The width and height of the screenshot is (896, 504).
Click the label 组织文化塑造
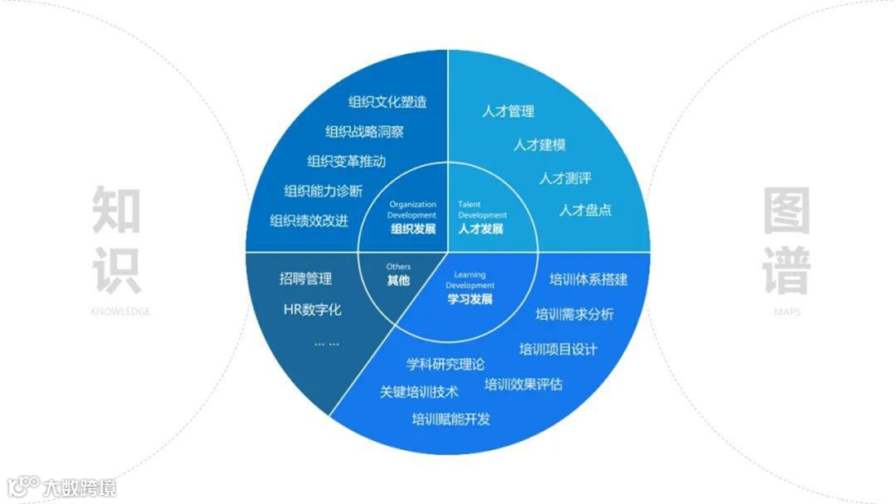pos(387,102)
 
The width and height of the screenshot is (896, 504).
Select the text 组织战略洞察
pos(365,132)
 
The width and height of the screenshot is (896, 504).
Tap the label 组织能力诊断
pos(323,191)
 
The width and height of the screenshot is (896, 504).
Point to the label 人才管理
pos(508,111)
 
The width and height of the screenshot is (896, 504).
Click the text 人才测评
pos(565,178)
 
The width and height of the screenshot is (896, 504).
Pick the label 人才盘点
pos(585,210)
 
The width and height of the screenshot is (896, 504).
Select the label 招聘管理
pos(305,279)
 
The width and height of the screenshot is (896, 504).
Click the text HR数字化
pos(312,311)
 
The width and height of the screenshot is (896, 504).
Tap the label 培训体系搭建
pos(588,279)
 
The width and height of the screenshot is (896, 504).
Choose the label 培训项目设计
pos(558,349)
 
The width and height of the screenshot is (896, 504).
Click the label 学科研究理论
pos(446,364)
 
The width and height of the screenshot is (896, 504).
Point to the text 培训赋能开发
pos(450,419)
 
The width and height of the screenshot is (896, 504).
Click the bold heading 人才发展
pos(480,229)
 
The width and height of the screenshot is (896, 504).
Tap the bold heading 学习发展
pos(470,298)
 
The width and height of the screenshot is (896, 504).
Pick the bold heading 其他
pos(398,280)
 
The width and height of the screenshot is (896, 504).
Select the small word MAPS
pos(786,313)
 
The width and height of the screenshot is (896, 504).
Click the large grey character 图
pos(786,210)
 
